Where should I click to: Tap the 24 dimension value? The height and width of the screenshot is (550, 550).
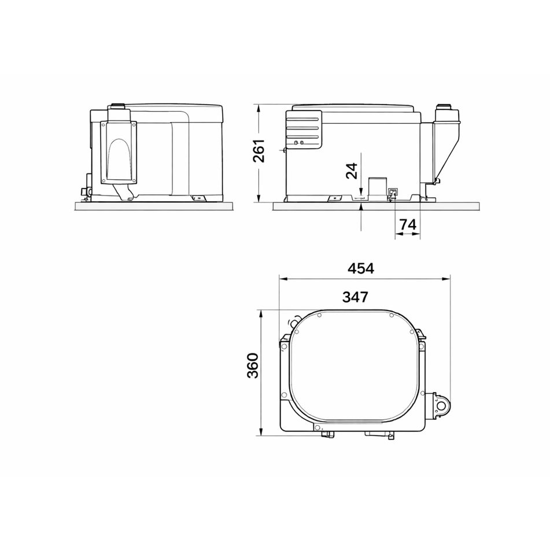coord(350,171)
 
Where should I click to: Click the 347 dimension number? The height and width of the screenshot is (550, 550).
coord(355,298)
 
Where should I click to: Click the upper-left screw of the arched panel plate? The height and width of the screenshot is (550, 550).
coord(104,123)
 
